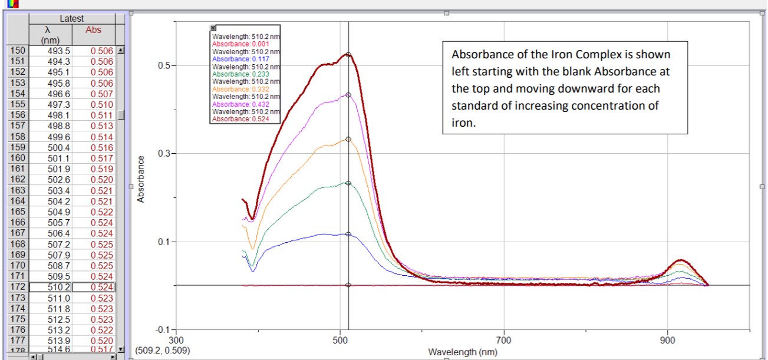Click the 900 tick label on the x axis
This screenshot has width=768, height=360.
pos(668,341)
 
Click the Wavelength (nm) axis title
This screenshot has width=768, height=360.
pos(463,352)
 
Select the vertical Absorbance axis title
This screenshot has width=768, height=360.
pos(141,179)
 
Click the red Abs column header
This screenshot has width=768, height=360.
pos(93,29)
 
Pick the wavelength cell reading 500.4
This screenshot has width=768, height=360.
pos(58,147)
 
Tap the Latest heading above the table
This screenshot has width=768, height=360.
pos(72,19)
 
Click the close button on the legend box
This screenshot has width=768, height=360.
pos(213,28)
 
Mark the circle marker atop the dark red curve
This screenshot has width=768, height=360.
pos(348,55)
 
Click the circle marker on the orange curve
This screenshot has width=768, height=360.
pos(348,139)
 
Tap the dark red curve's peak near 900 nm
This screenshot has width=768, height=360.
pos(682,260)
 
